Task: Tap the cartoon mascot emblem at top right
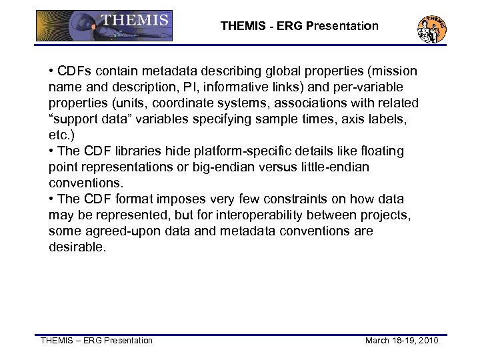[x=431, y=27]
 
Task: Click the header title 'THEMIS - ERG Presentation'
[x=299, y=27]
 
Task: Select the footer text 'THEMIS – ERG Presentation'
[x=97, y=341]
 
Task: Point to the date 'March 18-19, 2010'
[x=401, y=341]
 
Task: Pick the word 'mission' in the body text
[x=394, y=71]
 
